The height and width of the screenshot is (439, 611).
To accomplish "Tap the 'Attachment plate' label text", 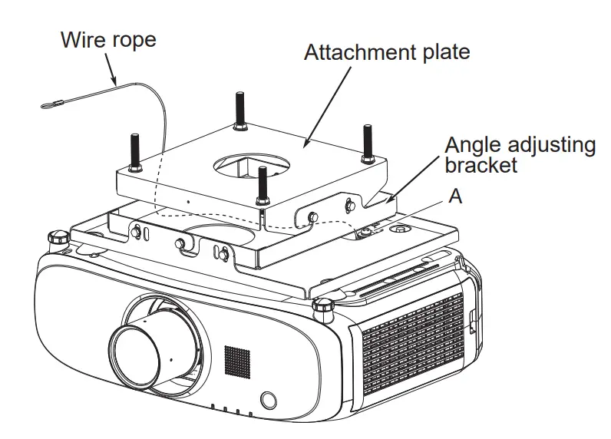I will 386,52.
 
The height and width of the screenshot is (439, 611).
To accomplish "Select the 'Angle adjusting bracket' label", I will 520,154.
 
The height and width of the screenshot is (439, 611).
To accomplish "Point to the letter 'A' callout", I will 455,196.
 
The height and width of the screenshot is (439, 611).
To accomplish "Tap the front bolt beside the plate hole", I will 263,184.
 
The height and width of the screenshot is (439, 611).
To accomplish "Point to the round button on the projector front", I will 268,400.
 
